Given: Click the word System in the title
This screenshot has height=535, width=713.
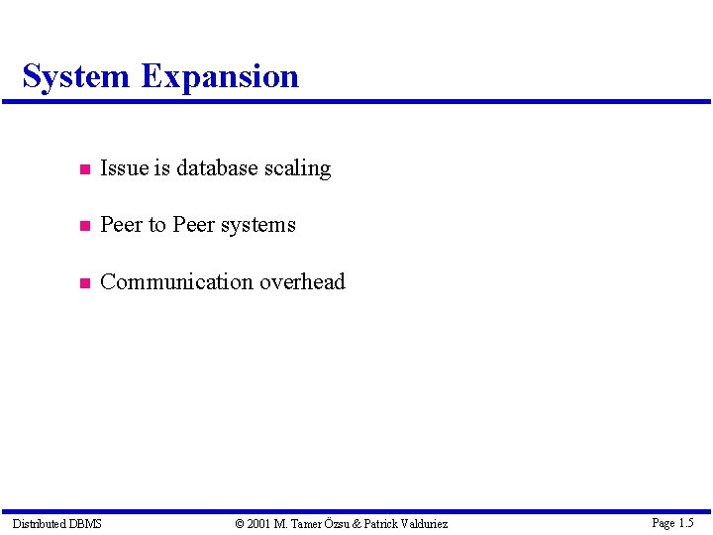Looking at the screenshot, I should pos(75,76).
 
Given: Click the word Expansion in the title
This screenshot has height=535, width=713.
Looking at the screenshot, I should pos(219,77).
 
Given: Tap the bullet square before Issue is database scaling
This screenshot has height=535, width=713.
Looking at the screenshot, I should pos(85,169).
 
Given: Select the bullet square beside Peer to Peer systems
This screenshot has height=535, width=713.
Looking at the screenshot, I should pos(85,226).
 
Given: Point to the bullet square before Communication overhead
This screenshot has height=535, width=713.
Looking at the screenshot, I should pos(85,283).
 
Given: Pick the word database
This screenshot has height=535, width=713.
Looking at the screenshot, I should pos(218,168).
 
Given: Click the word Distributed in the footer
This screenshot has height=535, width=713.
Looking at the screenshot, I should pos(38,523).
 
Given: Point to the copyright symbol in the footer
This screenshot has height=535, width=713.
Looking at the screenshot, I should pos(240,523).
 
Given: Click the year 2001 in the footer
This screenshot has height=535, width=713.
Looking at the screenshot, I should pos(259,523).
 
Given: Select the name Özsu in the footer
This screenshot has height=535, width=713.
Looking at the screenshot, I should pos(337,523).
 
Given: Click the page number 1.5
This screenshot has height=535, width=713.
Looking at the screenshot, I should pos(685,522).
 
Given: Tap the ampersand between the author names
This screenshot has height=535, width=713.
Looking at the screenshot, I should pos(357,523).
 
